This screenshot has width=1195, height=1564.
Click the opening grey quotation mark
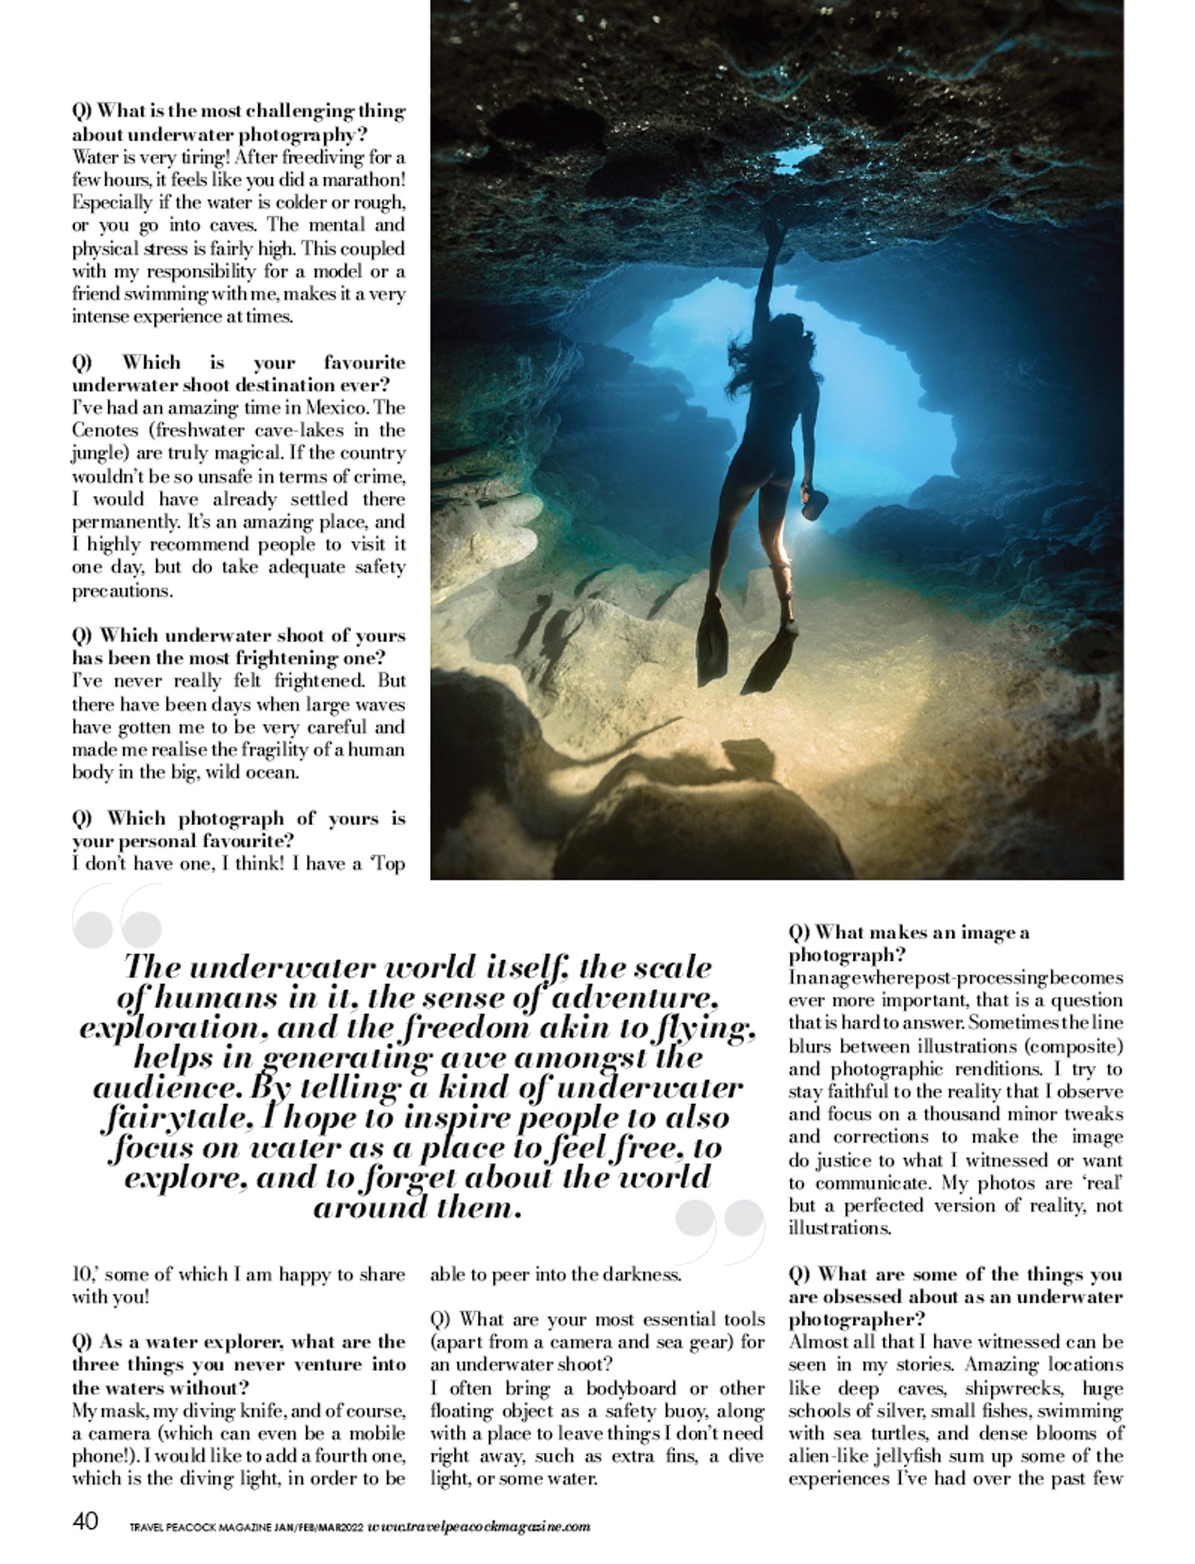[x=118, y=920]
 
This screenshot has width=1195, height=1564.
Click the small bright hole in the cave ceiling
[x=797, y=158]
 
